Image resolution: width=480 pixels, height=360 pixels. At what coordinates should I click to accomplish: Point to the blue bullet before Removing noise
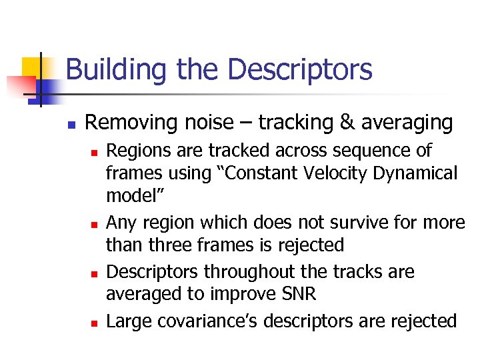click(69, 125)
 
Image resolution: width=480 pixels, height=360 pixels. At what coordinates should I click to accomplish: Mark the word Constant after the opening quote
click(262, 173)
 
